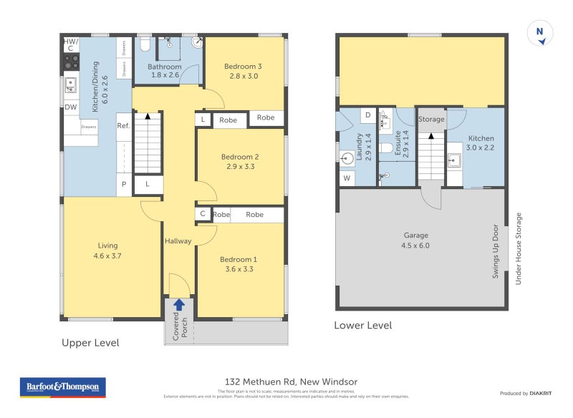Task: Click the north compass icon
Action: coord(541,33)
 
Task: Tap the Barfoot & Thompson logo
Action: coord(62,387)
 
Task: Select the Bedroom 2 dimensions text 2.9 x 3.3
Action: coord(239,167)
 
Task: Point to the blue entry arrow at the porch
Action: coord(178,306)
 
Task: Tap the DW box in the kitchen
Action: coord(71,107)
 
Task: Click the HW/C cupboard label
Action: coord(70,44)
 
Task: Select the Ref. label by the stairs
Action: coord(123,126)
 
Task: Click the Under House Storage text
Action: coord(519,249)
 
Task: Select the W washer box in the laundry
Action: coord(347,178)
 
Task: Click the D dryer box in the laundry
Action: coord(367,115)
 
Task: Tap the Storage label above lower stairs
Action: coord(431,119)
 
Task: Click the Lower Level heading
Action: coord(363,325)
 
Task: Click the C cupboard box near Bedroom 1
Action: coord(203,214)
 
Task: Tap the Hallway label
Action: coord(178,241)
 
